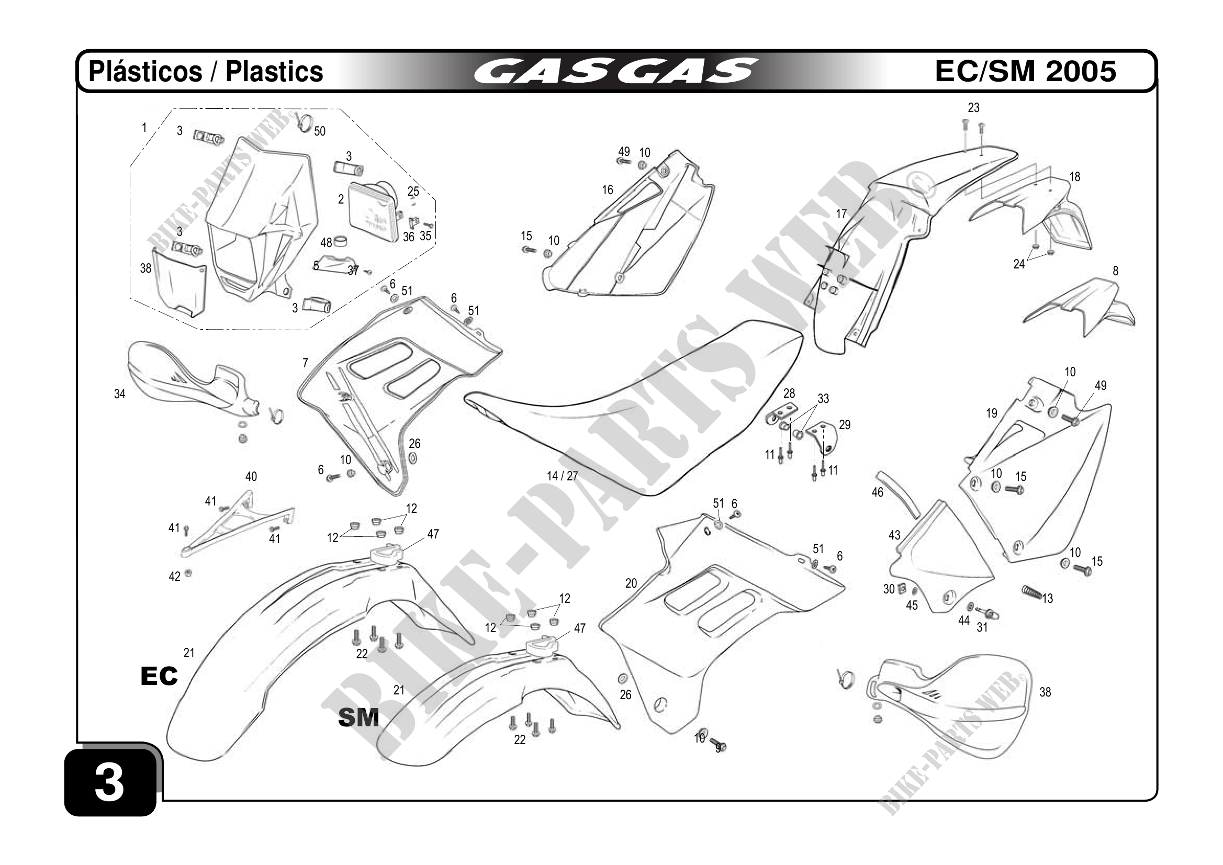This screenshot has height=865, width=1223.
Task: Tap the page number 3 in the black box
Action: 109,782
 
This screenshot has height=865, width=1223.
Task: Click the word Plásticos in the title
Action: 145,71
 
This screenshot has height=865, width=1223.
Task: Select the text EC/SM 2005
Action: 1025,71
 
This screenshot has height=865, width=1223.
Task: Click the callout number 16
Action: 607,189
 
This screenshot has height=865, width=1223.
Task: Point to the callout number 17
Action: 841,214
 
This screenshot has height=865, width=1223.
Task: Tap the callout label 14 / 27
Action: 562,476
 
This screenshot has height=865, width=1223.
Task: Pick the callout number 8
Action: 1115,271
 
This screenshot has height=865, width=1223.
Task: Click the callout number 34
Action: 120,394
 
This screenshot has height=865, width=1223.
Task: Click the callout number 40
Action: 251,476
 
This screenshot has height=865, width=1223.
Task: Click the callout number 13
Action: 1048,598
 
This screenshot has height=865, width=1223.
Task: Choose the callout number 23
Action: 973,108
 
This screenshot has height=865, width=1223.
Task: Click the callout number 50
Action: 320,131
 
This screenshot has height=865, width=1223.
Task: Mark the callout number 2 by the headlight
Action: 341,199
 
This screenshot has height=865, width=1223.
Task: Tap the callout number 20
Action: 631,583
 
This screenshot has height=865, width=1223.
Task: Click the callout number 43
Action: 894,535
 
